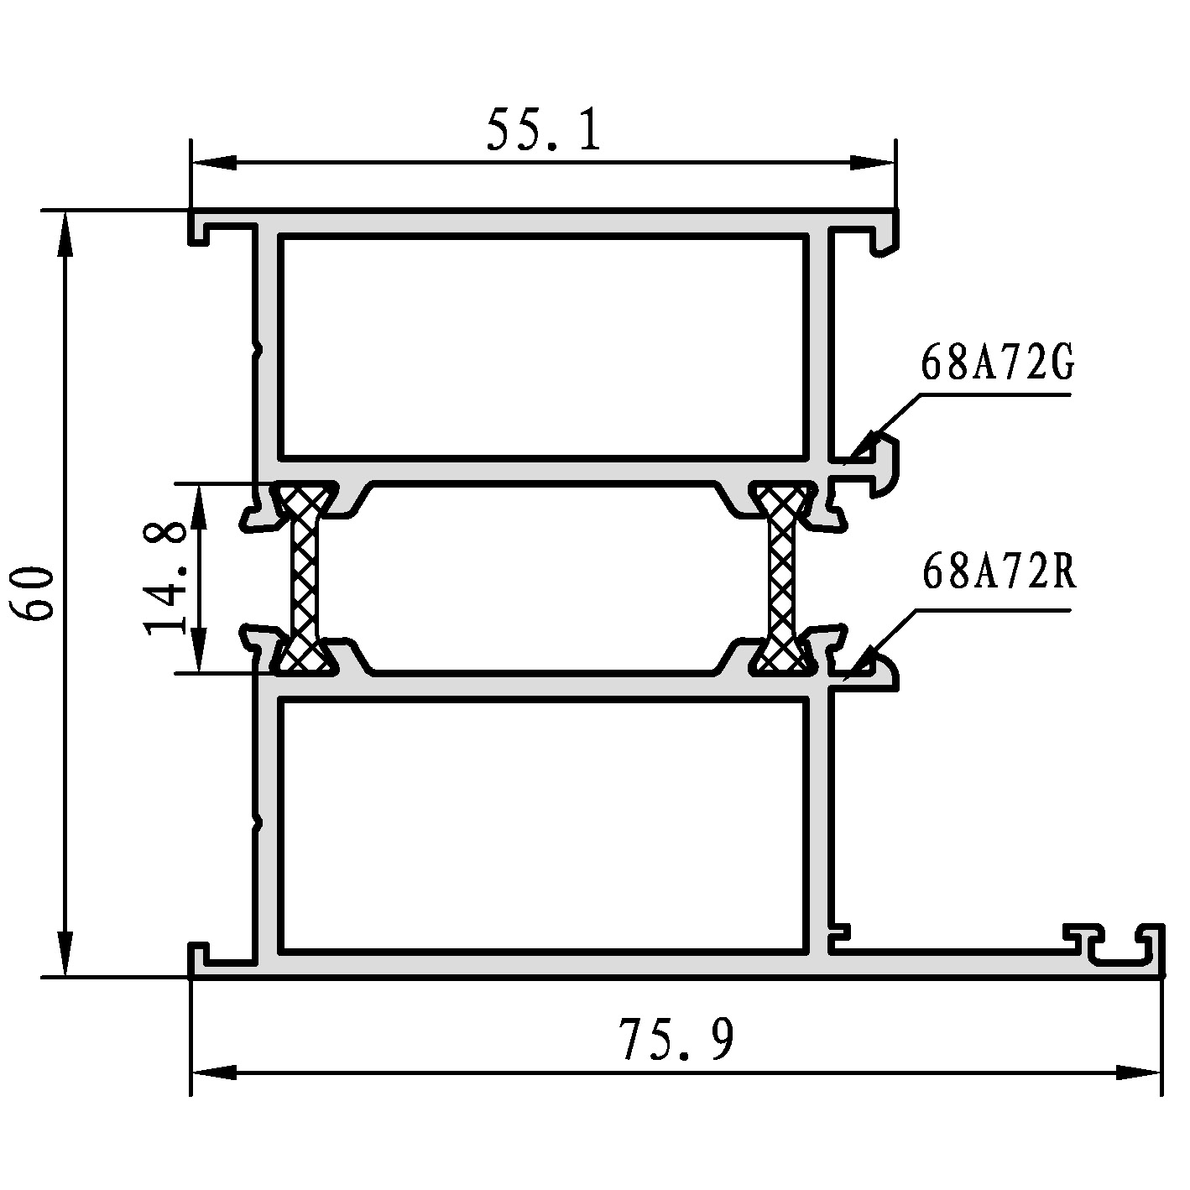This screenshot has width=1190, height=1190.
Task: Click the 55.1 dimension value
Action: [x=544, y=129]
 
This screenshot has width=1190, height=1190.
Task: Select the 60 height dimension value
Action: [x=32, y=592]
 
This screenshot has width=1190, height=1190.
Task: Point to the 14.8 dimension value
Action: [x=164, y=579]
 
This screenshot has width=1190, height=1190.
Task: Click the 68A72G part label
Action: [x=997, y=363]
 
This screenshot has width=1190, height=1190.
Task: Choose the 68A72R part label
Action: [x=999, y=572]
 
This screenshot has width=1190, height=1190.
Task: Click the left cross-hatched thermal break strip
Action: [x=305, y=578]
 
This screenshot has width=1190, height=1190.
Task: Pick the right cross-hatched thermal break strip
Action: [x=781, y=578]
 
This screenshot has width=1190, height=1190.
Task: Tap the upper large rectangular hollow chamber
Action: [x=545, y=347]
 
